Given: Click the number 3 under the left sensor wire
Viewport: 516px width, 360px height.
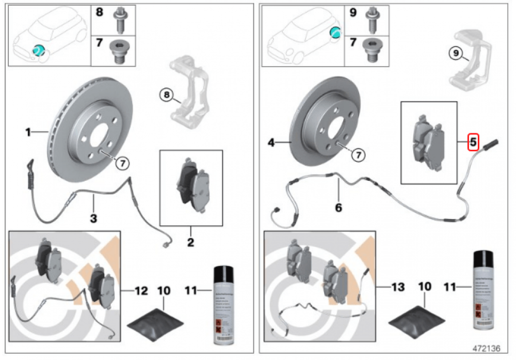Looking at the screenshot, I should pyautogui.click(x=93, y=218).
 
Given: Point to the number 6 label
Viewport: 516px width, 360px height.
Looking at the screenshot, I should pyautogui.click(x=338, y=208).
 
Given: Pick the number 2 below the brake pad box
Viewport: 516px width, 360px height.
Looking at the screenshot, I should pyautogui.click(x=190, y=242).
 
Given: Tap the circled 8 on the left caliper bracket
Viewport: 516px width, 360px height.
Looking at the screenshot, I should pyautogui.click(x=166, y=95).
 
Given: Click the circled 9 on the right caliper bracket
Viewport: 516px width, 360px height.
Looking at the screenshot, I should pyautogui.click(x=454, y=53).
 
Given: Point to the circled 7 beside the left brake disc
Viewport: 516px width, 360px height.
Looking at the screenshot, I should pyautogui.click(x=122, y=163).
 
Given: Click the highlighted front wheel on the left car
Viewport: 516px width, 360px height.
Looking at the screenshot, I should pyautogui.click(x=38, y=50).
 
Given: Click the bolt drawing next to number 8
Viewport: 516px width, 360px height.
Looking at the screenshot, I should pyautogui.click(x=119, y=19).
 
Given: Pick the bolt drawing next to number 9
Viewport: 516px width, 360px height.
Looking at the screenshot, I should pyautogui.click(x=371, y=19).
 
